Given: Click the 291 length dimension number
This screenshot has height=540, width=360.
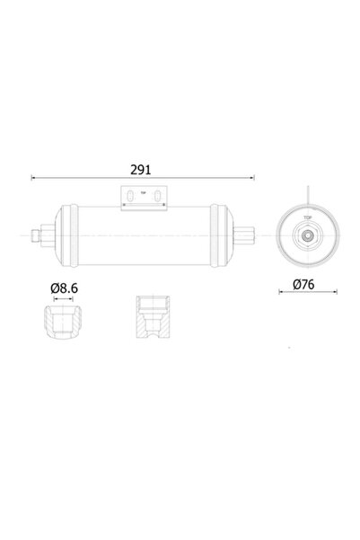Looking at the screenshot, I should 140,168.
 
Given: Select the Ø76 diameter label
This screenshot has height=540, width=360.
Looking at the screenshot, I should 308,285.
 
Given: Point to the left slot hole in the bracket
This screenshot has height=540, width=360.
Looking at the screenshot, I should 131,195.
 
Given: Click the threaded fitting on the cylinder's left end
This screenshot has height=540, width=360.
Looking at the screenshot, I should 39,235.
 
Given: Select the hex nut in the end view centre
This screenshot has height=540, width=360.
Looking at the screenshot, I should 308,235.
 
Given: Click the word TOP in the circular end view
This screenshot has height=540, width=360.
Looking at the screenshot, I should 308,217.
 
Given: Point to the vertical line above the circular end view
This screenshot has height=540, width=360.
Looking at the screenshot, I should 308,190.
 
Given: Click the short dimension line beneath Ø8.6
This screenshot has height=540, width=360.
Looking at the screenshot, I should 64,298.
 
